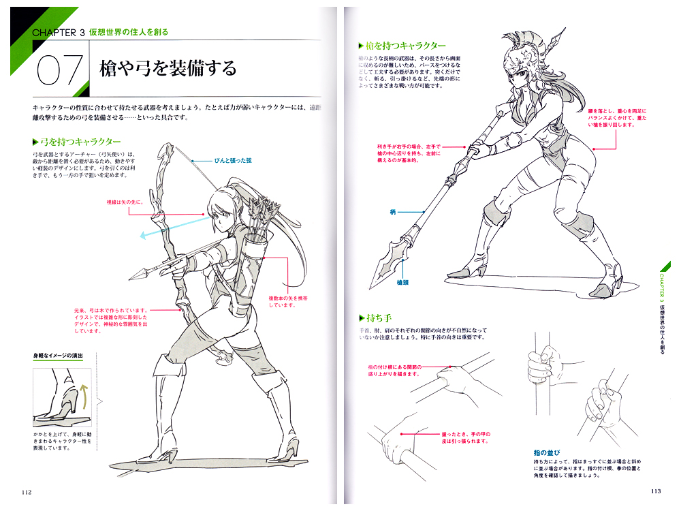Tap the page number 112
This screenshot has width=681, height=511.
(27, 493)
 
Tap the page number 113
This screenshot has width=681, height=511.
(655, 493)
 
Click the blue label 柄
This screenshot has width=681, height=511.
(393, 212)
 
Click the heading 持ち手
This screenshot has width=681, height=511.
(377, 318)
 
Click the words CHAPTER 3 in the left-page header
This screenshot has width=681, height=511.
(59, 31)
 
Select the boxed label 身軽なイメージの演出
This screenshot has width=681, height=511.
(64, 356)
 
